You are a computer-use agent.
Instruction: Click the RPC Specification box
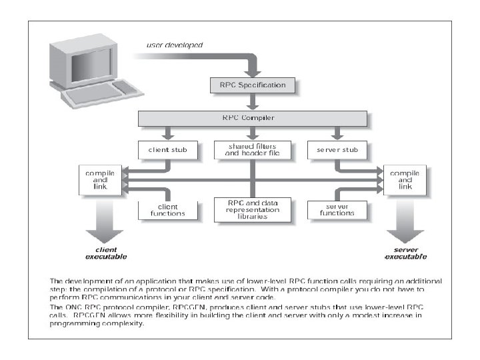253,85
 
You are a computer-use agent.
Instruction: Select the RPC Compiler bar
253,117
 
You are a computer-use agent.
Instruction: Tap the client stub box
163,150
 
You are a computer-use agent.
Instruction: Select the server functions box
336,209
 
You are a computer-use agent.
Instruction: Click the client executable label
105,253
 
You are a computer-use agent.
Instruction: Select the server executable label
405,253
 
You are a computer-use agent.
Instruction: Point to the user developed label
174,45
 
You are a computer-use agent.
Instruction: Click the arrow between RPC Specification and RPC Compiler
253,101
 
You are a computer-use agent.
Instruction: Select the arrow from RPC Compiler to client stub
163,133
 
